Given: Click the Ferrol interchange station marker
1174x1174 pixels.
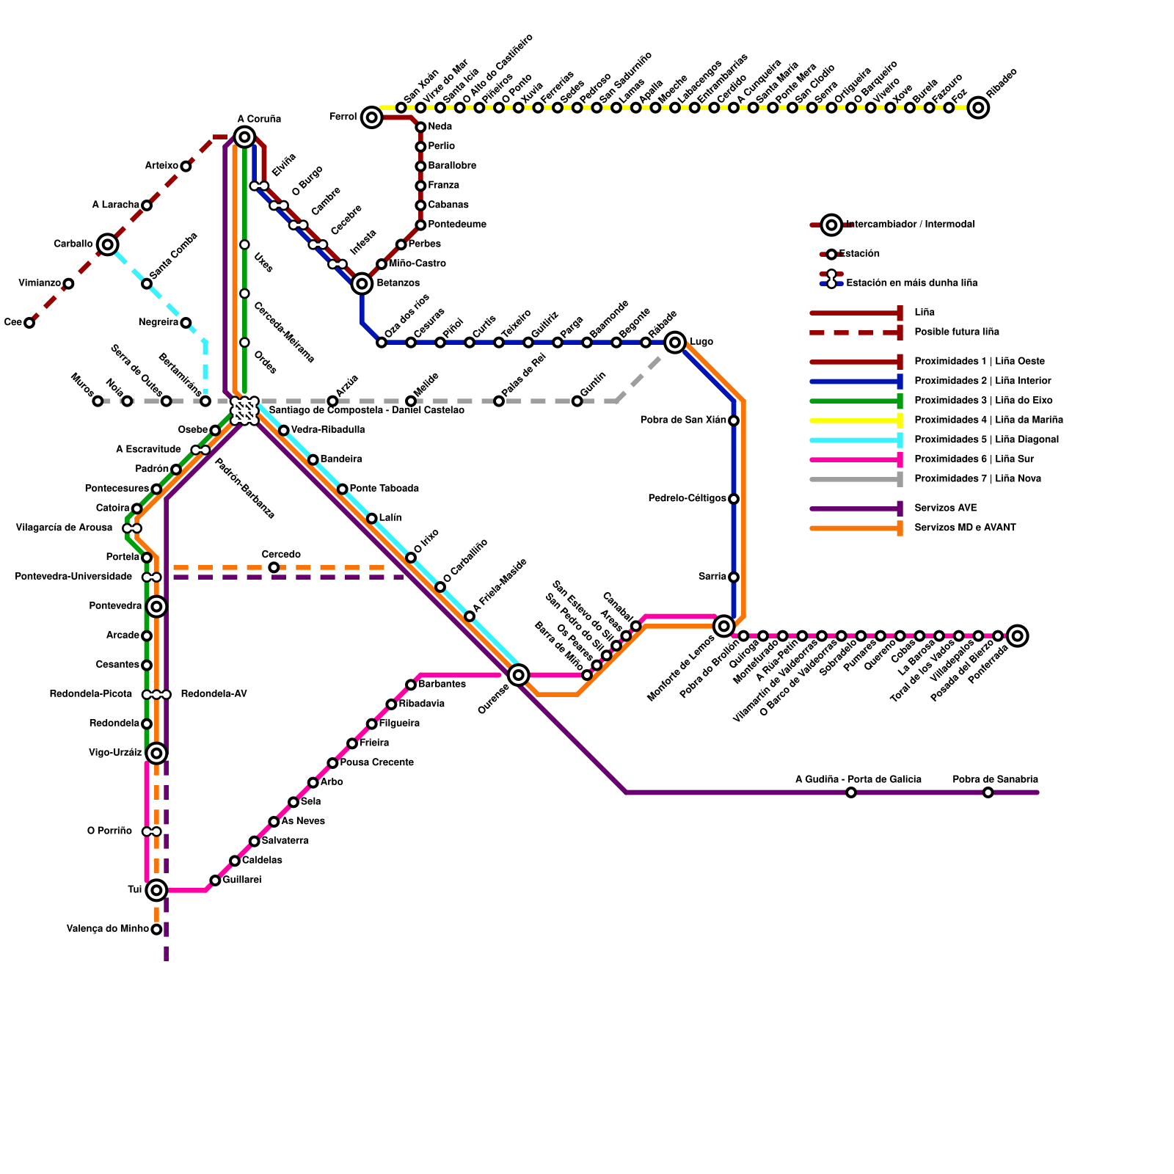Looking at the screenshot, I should [372, 117].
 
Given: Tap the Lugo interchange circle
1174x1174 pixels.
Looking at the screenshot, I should [675, 342].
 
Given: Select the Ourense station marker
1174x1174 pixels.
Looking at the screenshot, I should [519, 674].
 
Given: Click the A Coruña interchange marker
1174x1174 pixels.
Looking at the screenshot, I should [244, 136].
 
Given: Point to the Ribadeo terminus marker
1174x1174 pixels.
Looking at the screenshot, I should [978, 108].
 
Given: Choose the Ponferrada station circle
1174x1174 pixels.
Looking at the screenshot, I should [1017, 635].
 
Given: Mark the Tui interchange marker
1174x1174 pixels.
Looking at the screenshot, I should [156, 890].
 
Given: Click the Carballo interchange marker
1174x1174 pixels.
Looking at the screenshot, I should [108, 244].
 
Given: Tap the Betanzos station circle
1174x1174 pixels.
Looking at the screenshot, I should [362, 283].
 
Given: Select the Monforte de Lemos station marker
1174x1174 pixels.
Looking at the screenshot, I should [724, 626].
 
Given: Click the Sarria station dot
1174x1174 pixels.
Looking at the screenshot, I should [734, 577].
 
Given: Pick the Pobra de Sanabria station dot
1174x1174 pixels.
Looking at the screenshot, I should [988, 792].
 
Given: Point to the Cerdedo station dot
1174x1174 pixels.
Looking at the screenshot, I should [274, 567].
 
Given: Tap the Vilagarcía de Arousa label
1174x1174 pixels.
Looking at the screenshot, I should [64, 528].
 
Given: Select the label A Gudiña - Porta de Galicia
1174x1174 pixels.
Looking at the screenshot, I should [858, 779].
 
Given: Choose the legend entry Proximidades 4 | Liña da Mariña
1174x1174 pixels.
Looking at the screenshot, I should [988, 420].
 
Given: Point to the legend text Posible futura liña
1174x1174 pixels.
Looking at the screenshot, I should [956, 332].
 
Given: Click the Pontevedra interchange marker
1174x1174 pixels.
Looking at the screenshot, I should [156, 606].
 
